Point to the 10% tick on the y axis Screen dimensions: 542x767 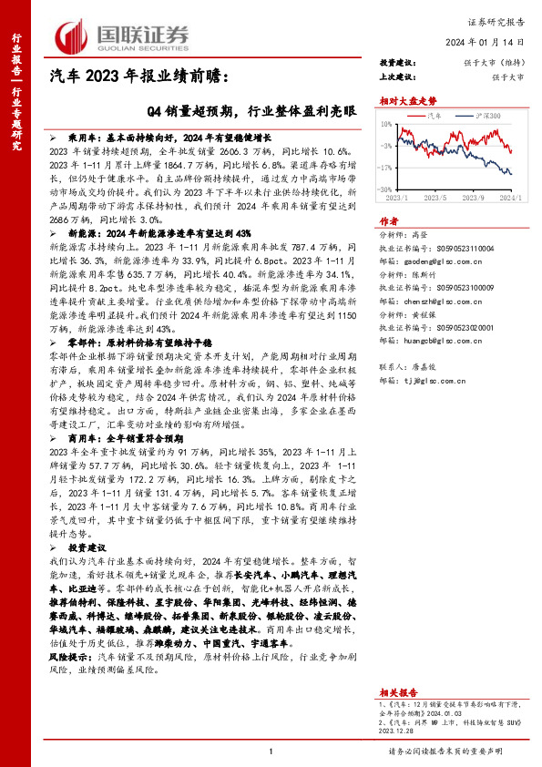click(388, 125)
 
